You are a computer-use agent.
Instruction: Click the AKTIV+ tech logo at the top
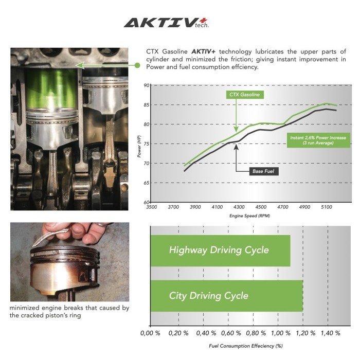click(166, 22)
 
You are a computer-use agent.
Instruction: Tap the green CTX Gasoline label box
click(244, 95)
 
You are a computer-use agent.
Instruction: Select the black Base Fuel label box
click(264, 171)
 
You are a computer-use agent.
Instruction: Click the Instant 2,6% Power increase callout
click(318, 140)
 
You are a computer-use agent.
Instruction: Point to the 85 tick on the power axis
click(147, 105)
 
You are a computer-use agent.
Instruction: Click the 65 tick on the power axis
click(147, 183)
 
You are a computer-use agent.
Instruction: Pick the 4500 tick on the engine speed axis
click(261, 207)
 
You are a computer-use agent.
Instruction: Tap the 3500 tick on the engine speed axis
click(152, 207)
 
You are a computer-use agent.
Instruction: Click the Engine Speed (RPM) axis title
click(250, 216)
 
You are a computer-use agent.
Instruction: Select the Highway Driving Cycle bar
click(220, 250)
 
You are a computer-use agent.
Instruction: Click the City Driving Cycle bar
click(226, 296)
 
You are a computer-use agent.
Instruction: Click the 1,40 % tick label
click(329, 333)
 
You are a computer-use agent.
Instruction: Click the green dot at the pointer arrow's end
click(137, 65)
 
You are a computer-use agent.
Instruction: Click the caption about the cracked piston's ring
click(69, 312)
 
